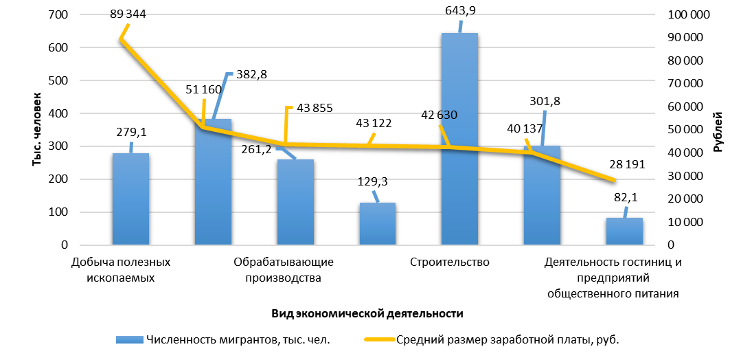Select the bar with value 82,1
coord(624,231)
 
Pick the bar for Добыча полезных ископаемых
coord(130,199)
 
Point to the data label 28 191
coord(626,165)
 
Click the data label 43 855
coord(313,108)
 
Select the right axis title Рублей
coord(718,131)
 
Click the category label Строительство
coord(449,262)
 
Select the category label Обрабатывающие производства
coord(284,269)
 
